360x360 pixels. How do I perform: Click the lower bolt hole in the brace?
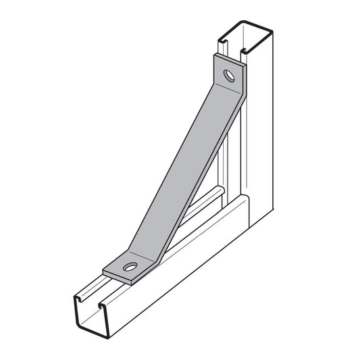coord(130,265)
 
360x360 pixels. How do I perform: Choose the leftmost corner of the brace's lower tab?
coord(103,269)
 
